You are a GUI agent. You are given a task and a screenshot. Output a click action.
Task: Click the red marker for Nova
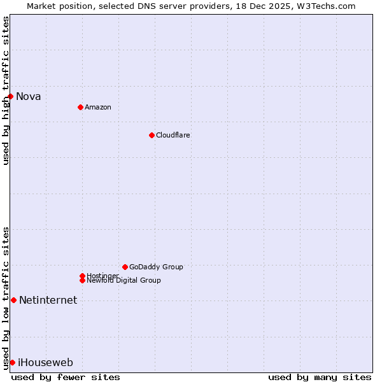pyautogui.click(x=11, y=96)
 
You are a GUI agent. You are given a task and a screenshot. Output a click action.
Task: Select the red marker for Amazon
pyautogui.click(x=80, y=107)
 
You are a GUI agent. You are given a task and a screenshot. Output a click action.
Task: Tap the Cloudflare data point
pyautogui.click(x=152, y=135)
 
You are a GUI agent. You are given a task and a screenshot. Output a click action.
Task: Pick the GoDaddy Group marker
pyautogui.click(x=125, y=267)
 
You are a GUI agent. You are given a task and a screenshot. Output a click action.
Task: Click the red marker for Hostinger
pyautogui.click(x=82, y=276)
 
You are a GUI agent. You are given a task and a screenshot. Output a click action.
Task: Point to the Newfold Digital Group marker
pyautogui.click(x=82, y=280)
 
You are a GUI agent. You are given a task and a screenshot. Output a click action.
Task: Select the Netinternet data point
pyautogui.click(x=13, y=300)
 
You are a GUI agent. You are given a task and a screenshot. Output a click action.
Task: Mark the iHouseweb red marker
pyautogui.click(x=12, y=362)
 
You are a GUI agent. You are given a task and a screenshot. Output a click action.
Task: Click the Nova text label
pyautogui.click(x=29, y=97)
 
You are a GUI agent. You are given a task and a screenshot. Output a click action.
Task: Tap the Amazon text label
pyautogui.click(x=98, y=107)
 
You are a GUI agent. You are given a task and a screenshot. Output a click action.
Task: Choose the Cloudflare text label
pyautogui.click(x=173, y=135)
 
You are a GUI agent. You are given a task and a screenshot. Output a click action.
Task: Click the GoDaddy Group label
pyautogui.click(x=156, y=267)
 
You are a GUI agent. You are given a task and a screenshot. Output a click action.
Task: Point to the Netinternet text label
pyautogui.click(x=48, y=301)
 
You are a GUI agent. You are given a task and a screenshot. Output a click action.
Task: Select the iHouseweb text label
pyautogui.click(x=45, y=363)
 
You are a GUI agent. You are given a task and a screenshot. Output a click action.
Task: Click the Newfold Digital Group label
pyautogui.click(x=124, y=281)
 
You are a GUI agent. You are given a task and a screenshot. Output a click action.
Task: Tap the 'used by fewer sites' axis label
pyautogui.click(x=66, y=377)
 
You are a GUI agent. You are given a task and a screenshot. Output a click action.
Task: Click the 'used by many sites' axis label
pyautogui.click(x=320, y=377)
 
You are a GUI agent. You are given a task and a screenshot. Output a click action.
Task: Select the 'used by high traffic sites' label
pyautogui.click(x=6, y=90)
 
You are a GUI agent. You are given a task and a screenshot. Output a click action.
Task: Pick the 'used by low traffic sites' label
pyautogui.click(x=6, y=298)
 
